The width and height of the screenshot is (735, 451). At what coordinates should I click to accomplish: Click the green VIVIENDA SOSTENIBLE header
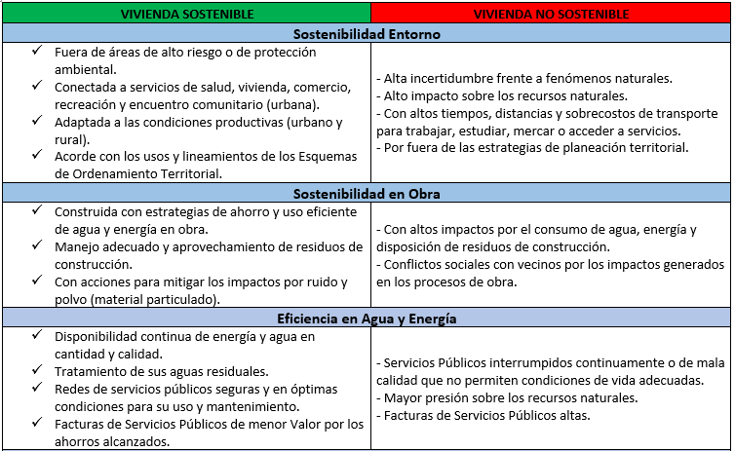(185, 15)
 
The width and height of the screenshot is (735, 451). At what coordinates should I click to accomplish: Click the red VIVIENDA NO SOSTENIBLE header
(552, 15)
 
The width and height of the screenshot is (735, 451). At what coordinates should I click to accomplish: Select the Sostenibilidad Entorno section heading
(367, 34)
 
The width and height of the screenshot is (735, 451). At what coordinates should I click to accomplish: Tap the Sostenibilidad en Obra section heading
(367, 193)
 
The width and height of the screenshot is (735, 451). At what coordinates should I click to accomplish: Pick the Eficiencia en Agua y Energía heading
(367, 318)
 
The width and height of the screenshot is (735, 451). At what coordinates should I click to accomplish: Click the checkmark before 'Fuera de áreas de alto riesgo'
(37, 51)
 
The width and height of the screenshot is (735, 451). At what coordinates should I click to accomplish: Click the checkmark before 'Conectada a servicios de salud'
(37, 86)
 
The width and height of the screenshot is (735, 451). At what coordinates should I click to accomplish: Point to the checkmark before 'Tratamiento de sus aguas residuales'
(37, 371)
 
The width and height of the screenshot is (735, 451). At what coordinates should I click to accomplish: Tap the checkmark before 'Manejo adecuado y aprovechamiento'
(37, 246)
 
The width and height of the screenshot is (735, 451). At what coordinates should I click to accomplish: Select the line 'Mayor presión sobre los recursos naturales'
(504, 397)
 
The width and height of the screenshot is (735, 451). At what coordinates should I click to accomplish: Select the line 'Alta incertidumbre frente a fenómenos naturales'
(523, 78)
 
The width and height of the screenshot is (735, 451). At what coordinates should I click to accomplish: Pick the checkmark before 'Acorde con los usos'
(37, 157)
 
